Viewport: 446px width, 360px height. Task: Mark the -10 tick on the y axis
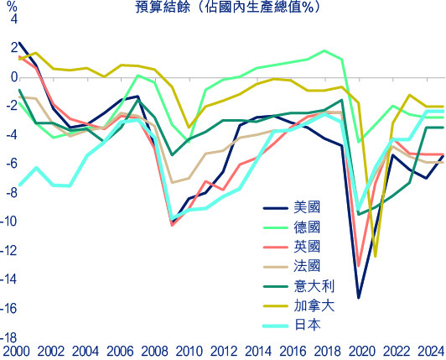[9, 222]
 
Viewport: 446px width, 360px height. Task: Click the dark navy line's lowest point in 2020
[359, 298]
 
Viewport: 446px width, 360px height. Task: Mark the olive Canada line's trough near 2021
[376, 256]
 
